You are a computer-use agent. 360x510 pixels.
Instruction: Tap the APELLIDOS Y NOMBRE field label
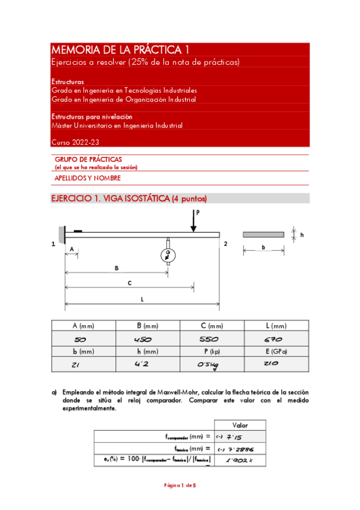pyautogui.click(x=88, y=178)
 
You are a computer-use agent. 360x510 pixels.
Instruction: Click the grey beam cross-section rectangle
pyautogui.click(x=263, y=235)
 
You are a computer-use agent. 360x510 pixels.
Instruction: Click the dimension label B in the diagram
pyautogui.click(x=116, y=268)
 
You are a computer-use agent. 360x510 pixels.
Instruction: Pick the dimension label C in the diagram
pyautogui.click(x=130, y=283)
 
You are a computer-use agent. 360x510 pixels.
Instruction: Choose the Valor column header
pyautogui.click(x=240, y=425)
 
